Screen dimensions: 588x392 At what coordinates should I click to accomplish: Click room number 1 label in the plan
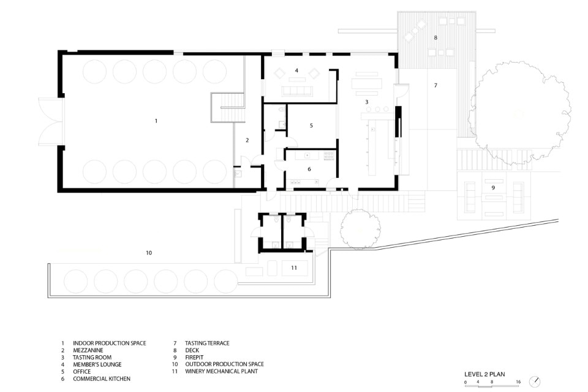(x=156, y=121)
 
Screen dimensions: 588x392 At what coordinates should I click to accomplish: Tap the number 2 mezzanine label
(x=247, y=140)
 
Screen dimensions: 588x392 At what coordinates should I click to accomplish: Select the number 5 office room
(x=311, y=126)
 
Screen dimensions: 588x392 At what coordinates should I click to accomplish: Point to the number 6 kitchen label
(x=309, y=169)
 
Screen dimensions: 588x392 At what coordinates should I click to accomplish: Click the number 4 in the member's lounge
(x=296, y=71)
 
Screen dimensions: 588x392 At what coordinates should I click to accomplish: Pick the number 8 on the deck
(x=435, y=37)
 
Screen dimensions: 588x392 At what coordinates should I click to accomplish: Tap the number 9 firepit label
(x=493, y=188)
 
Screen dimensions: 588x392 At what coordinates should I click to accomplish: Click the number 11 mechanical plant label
(x=294, y=267)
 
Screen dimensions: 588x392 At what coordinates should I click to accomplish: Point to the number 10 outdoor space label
(x=149, y=253)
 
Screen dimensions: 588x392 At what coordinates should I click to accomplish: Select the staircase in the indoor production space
(x=228, y=107)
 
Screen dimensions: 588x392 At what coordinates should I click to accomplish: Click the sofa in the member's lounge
(x=298, y=91)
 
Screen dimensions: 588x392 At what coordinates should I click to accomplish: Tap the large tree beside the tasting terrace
(x=519, y=113)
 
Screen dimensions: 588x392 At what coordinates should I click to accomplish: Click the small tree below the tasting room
(x=360, y=229)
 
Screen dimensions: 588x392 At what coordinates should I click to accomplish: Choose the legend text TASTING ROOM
(x=92, y=358)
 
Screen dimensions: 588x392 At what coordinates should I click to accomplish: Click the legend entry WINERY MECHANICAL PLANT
(x=222, y=371)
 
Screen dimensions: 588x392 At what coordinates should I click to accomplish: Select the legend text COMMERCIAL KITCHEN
(x=102, y=379)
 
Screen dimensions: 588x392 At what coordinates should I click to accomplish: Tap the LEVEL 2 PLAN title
(x=484, y=374)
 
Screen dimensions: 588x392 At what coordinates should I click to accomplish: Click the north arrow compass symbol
(x=535, y=382)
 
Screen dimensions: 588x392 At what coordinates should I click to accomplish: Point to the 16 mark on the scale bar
(x=518, y=382)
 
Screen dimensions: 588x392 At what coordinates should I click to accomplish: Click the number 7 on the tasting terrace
(x=435, y=86)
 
